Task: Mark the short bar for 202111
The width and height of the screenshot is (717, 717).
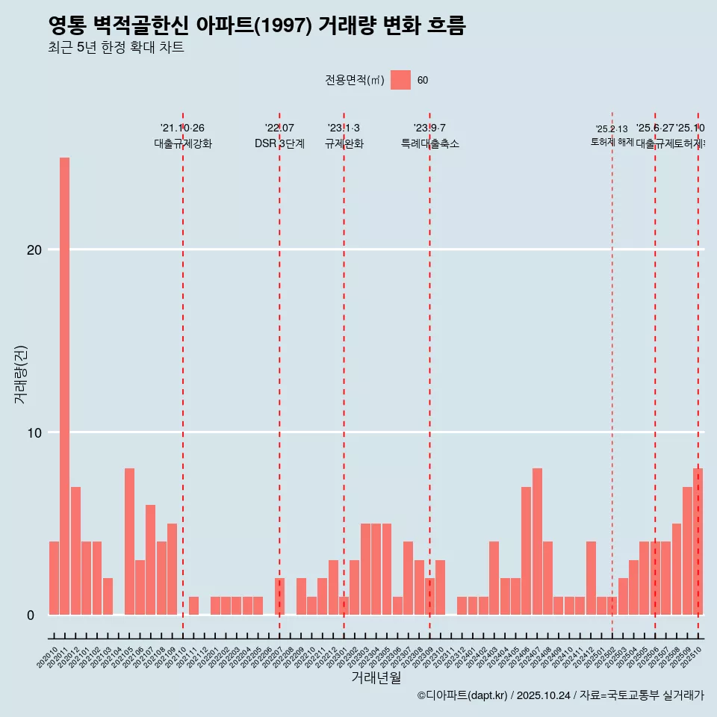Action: pyautogui.click(x=193, y=606)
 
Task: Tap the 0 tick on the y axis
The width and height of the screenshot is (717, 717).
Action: pyautogui.click(x=31, y=615)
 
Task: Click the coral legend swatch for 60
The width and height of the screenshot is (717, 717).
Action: pyautogui.click(x=400, y=80)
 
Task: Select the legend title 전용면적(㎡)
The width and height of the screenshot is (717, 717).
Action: pyautogui.click(x=354, y=80)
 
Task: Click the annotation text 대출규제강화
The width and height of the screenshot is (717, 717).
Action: pyautogui.click(x=183, y=143)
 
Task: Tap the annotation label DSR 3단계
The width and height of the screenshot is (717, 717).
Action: pyautogui.click(x=279, y=143)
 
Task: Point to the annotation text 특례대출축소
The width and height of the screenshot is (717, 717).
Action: pyautogui.click(x=429, y=143)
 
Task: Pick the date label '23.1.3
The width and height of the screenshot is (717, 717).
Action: pyautogui.click(x=344, y=128)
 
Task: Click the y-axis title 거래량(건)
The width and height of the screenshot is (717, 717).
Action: pyautogui.click(x=20, y=374)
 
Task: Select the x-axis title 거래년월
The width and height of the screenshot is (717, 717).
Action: pyautogui.click(x=376, y=678)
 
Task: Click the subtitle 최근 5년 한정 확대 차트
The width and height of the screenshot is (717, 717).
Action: pyautogui.click(x=116, y=48)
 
